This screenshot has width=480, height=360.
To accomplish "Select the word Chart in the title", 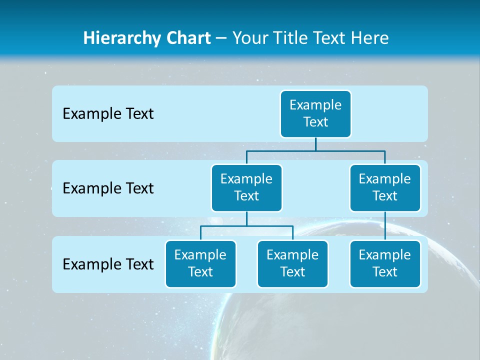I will pos(188,38).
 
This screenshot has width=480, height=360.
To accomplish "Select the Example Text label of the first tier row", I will pos(108,114).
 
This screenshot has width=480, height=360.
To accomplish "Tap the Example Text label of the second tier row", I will pos(108,188).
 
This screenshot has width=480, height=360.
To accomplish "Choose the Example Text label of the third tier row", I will pos(108,264).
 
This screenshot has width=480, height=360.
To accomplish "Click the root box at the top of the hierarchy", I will pos(315,113).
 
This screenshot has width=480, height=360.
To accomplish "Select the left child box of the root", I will pos(246,187).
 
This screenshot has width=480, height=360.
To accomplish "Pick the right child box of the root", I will pos(385,187).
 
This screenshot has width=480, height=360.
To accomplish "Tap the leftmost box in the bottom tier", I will pos(200,263).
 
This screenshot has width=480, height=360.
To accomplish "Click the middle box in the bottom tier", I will pos(292,263).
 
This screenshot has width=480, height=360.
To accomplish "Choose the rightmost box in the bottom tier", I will pos(385,263).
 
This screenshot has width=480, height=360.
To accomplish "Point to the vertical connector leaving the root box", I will pos(315,144).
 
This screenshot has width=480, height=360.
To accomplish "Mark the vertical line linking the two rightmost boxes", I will pos(385,226).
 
